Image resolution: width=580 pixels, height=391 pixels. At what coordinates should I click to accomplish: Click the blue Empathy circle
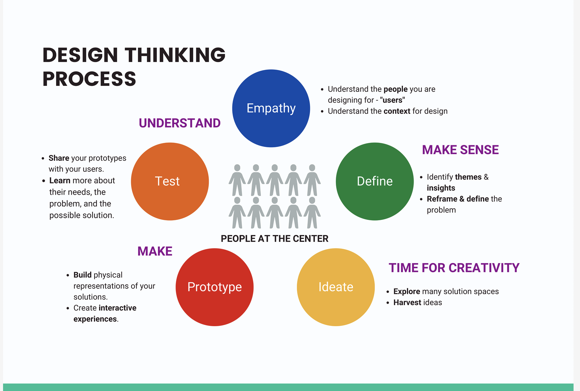tap(271, 108)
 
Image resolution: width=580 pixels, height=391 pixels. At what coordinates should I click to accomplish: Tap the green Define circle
tap(375, 181)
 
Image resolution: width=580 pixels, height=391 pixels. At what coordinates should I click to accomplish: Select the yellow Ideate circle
tap(336, 287)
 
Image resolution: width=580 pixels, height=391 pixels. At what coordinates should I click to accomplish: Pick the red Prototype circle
tap(214, 287)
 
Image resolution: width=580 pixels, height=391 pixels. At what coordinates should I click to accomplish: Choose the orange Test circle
tap(170, 181)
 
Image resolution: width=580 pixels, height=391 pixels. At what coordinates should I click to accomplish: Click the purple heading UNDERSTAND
tap(180, 123)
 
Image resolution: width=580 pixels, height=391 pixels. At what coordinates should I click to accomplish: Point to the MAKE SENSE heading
tap(460, 150)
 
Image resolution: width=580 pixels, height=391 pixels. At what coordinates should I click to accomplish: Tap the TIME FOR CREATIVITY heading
tap(454, 268)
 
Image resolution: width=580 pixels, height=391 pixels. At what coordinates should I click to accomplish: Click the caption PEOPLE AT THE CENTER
tap(274, 239)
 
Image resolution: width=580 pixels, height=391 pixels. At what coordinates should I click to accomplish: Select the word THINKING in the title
tap(175, 55)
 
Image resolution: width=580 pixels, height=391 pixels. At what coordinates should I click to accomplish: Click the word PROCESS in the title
tap(89, 79)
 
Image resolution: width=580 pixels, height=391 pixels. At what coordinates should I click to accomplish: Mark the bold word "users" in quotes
tap(393, 100)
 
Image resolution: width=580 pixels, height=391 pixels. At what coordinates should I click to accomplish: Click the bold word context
tap(397, 111)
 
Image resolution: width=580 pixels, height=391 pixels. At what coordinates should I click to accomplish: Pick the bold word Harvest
tap(407, 302)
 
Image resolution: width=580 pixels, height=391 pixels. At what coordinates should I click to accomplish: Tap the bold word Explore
tap(406, 291)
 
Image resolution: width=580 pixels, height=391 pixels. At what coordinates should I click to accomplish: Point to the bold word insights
tap(441, 188)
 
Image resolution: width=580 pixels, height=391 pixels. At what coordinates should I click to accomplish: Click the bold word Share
tap(59, 158)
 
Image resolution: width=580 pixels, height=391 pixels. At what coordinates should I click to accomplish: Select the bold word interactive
tap(117, 308)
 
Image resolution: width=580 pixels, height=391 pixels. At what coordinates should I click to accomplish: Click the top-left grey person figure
tap(237, 180)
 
